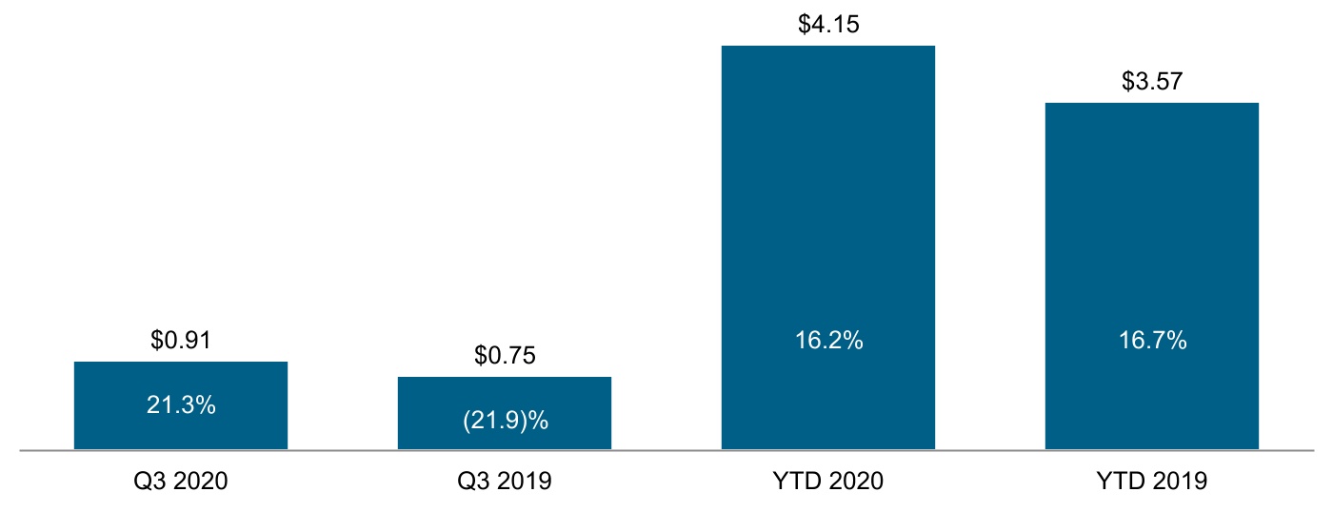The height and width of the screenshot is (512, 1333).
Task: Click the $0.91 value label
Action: click(x=181, y=340)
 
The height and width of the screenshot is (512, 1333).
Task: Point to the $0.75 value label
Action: click(x=505, y=355)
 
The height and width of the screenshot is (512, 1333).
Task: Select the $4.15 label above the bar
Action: click(x=828, y=24)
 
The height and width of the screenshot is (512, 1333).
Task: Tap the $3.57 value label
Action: click(x=1152, y=81)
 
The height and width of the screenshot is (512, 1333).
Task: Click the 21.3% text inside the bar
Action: click(x=181, y=404)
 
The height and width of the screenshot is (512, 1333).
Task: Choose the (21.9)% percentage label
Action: click(x=505, y=421)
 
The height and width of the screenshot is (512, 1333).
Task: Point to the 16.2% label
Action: click(x=828, y=341)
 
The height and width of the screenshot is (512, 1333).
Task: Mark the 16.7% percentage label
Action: click(x=1152, y=341)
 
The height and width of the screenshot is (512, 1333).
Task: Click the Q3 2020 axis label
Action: click(x=181, y=482)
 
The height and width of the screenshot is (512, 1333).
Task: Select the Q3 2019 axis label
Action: click(x=505, y=482)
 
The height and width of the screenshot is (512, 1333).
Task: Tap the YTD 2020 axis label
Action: click(x=828, y=482)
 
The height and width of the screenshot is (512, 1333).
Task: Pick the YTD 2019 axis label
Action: click(x=1152, y=482)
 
